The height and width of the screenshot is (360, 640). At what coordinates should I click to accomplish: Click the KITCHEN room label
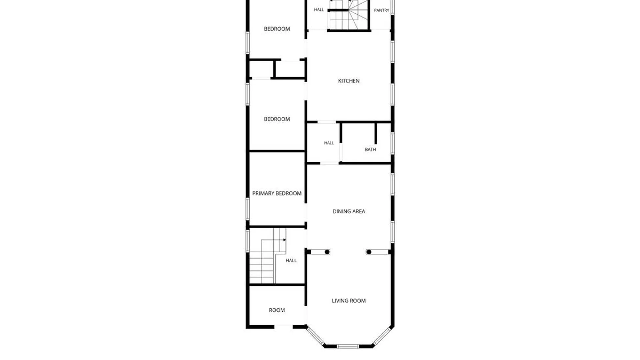[349, 81]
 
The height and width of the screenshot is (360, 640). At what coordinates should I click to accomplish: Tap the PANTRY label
[381, 10]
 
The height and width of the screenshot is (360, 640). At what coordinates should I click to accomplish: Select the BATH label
[370, 150]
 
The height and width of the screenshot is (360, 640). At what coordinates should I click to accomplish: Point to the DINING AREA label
[349, 211]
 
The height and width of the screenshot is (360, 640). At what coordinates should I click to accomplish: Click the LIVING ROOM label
[349, 301]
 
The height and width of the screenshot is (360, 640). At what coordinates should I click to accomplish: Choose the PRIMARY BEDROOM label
[277, 193]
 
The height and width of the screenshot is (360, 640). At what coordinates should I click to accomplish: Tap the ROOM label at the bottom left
[277, 310]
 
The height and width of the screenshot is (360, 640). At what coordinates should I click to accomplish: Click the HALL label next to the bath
[329, 143]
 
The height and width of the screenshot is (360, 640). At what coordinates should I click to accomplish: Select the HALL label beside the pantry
[319, 10]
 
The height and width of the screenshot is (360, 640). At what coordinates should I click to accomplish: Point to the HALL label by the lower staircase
[291, 261]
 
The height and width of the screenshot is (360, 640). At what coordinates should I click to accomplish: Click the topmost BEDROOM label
[277, 29]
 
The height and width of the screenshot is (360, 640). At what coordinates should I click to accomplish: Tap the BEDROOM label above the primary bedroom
[277, 119]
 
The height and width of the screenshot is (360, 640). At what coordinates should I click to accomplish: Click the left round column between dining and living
[327, 252]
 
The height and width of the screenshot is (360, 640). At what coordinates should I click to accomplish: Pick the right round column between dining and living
[369, 252]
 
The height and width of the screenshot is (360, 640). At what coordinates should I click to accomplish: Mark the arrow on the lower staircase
[284, 240]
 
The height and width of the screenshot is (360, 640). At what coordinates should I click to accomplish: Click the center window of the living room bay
[348, 347]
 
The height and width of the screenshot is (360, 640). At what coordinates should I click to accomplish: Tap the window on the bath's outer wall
[393, 143]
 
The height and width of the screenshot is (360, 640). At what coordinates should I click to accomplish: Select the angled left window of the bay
[315, 336]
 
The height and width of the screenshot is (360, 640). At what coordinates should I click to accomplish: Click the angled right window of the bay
[381, 336]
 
